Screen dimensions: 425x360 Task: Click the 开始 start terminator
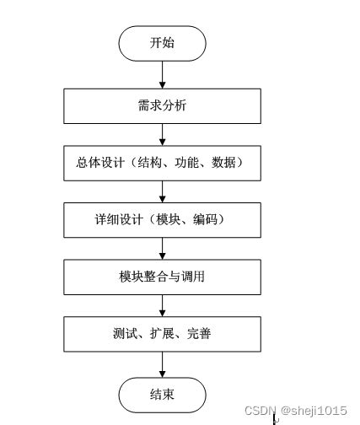pos(162,43)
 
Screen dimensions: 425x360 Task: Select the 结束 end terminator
pos(162,394)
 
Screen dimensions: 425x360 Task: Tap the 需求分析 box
pos(162,105)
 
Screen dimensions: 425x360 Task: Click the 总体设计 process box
pos(162,163)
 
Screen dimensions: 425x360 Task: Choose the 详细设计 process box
pos(162,220)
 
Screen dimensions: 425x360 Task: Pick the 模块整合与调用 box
pos(162,277)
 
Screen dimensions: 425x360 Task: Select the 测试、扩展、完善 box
pos(162,334)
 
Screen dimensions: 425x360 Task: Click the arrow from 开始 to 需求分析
pos(162,74)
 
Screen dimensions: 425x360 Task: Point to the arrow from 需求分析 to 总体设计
pos(162,134)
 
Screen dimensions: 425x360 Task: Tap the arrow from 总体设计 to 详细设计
pos(162,191)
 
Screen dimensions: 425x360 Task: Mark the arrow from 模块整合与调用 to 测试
pos(162,305)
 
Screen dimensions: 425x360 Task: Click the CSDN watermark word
pos(259,410)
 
